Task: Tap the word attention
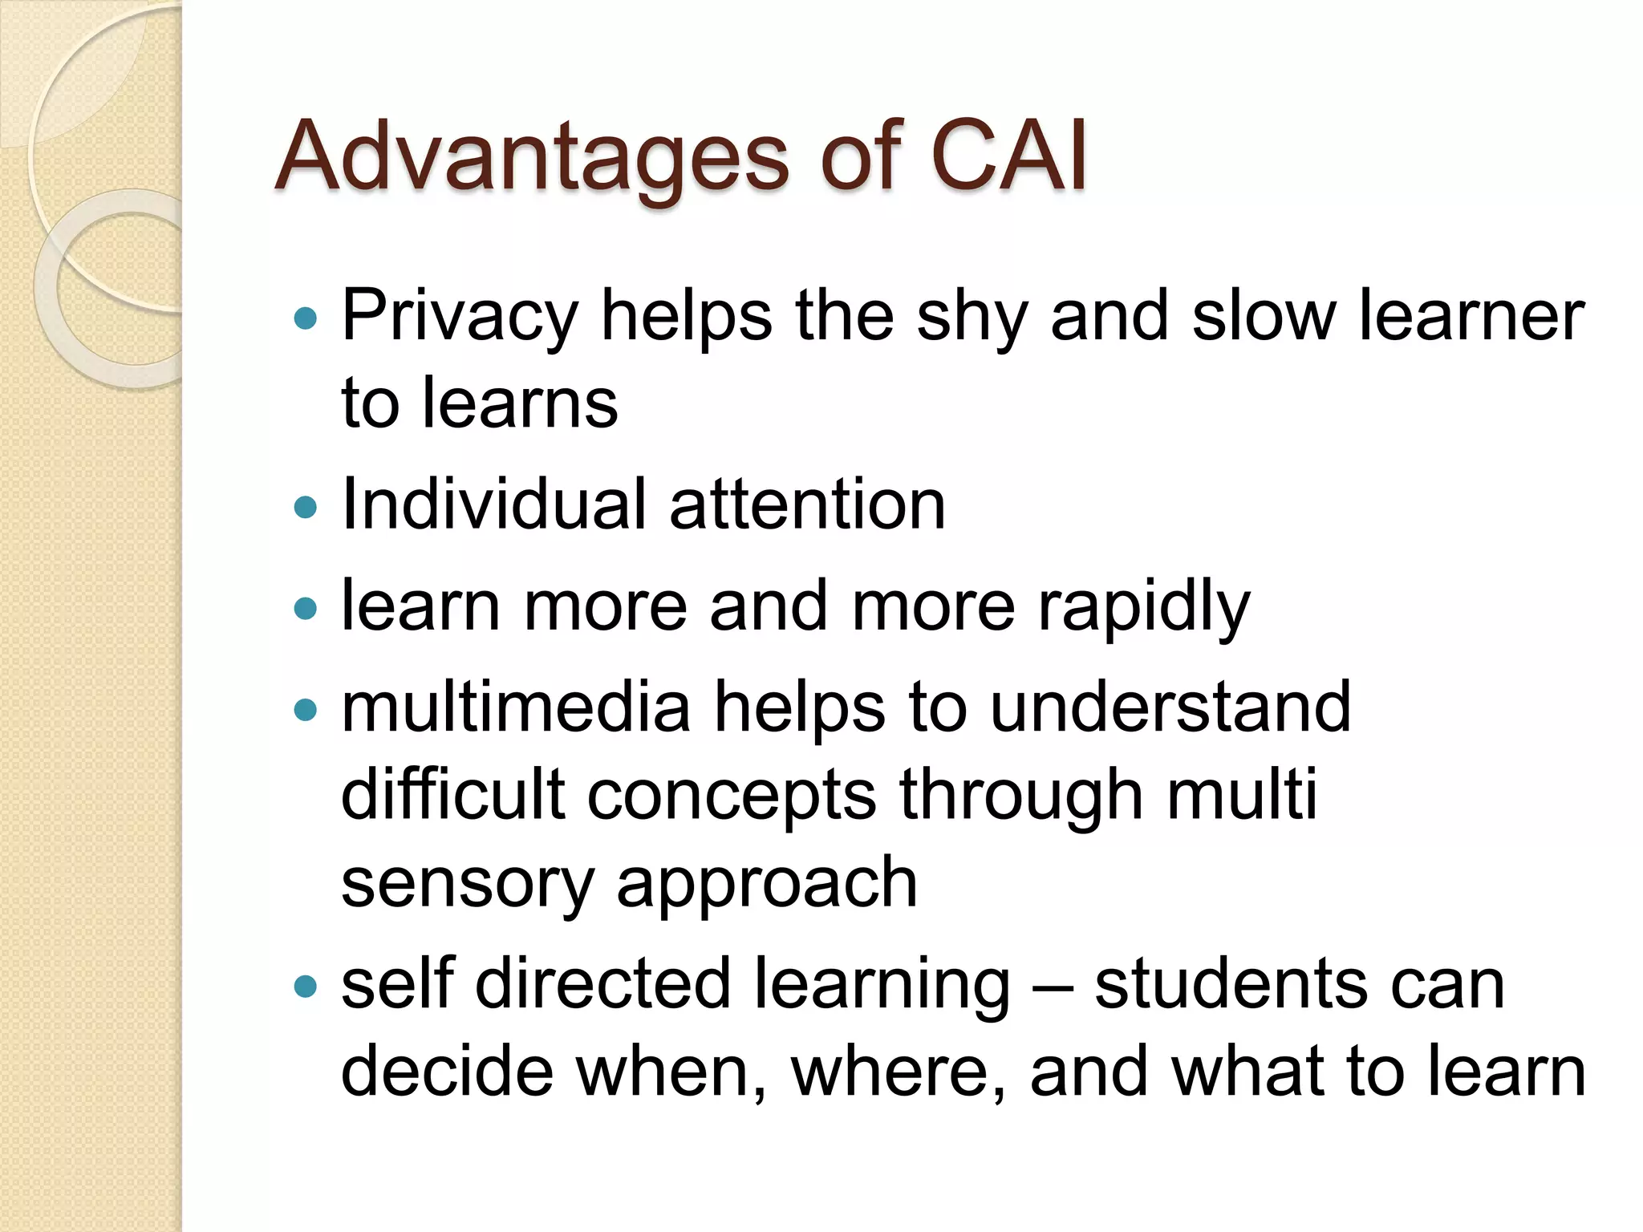807,506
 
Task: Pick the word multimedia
516,707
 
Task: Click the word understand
1170,707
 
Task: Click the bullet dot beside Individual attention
306,507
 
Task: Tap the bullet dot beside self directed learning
306,985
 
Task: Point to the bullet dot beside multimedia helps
306,709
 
